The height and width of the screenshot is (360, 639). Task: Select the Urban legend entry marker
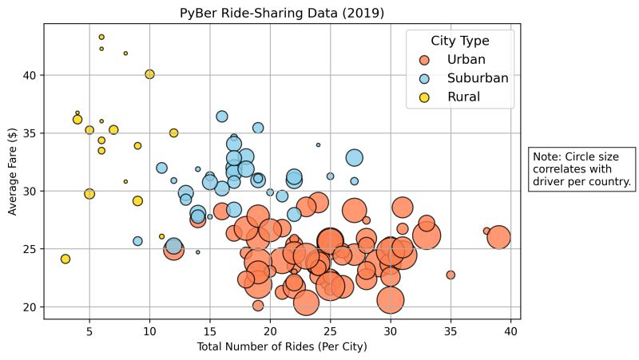coord(424,60)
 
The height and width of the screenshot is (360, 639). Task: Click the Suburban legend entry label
coord(477,78)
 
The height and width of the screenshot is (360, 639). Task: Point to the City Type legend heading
coord(459,41)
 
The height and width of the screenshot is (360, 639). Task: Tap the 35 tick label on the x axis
coord(450,330)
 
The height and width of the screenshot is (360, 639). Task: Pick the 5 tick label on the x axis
coord(89,330)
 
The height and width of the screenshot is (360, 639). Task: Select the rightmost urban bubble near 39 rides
coord(498,237)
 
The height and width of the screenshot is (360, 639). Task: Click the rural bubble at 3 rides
coord(65,259)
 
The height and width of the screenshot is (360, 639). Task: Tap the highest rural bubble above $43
coord(101,37)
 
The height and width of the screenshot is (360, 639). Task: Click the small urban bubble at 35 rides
coord(450,275)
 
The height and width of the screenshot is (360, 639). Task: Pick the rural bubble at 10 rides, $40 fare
coord(149,74)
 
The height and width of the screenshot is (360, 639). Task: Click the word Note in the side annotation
coord(546,156)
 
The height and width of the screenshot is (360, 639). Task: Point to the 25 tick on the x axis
coord(330,330)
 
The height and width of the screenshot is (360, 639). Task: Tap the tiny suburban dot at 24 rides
coord(318,145)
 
